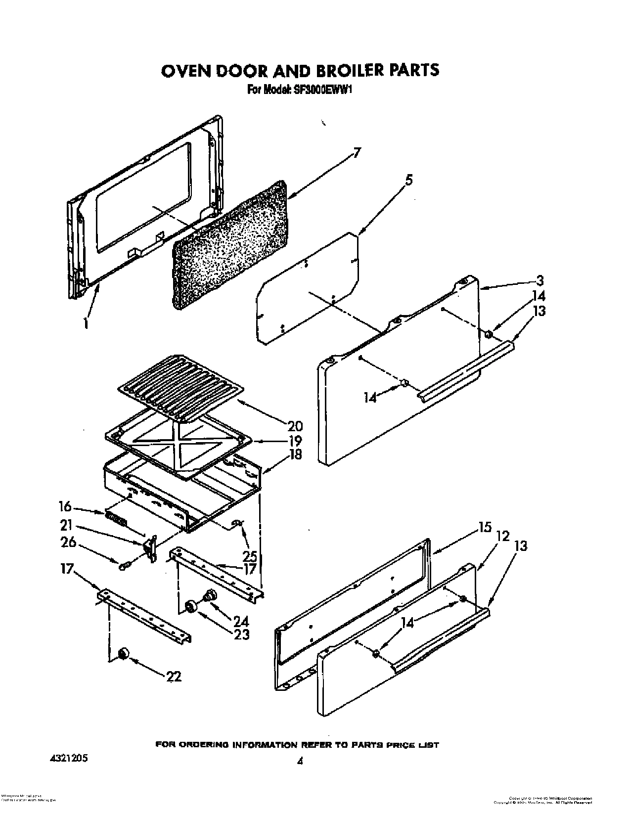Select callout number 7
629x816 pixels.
pos(357,153)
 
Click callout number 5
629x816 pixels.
pos(408,181)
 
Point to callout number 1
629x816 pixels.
pos(86,323)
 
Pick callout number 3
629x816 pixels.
pos(539,281)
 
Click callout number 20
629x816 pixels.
pos(295,426)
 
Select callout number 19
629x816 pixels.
pos(295,441)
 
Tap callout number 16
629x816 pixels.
pos(64,507)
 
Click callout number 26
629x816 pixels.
pos(69,543)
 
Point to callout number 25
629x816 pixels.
pos(250,556)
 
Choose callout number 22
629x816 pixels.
pos(174,676)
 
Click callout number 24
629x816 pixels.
pos(241,622)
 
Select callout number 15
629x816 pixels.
pos(485,528)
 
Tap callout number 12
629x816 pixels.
pos(503,536)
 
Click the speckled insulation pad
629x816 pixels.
pos(230,245)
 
